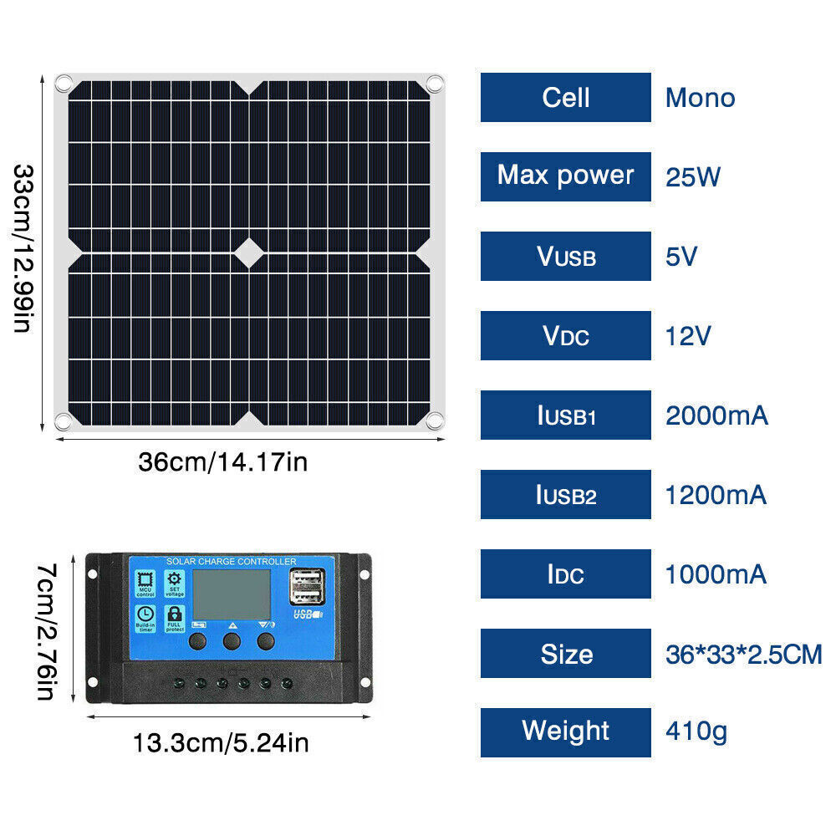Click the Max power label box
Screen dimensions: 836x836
pos(565,176)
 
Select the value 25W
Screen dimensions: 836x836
pos(692,177)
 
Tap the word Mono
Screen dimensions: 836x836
pos(700,98)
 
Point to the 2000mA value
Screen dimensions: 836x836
pos(716,415)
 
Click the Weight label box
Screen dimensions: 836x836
pos(565,731)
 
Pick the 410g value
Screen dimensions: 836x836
pos(696,732)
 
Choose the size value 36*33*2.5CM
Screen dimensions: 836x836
pos(743,654)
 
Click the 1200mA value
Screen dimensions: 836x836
pos(716,495)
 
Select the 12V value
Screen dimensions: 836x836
pos(687,336)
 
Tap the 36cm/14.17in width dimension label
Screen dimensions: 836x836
pos(222,461)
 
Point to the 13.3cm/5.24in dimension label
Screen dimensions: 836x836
pos(221,742)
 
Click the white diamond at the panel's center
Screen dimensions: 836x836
pos(249,251)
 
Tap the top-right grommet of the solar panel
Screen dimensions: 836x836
pos(433,84)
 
